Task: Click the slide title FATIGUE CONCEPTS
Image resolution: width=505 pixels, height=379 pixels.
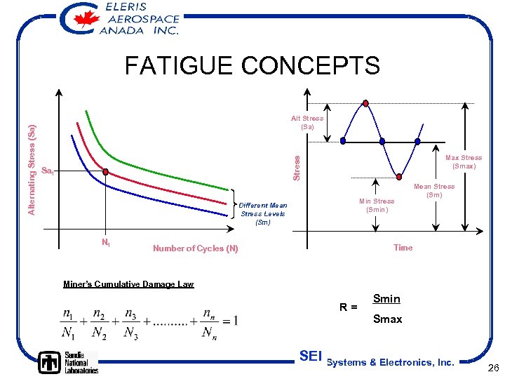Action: tap(252, 65)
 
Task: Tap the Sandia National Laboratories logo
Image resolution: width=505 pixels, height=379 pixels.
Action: tap(68, 361)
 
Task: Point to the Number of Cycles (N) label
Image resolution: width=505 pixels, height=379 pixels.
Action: tap(195, 248)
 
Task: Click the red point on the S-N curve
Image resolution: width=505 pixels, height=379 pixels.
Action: tap(105, 172)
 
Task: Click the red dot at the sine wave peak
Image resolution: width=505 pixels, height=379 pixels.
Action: tap(365, 103)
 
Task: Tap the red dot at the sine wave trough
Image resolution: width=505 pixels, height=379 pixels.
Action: tap(399, 177)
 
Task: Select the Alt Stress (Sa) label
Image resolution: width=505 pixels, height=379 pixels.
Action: tap(307, 123)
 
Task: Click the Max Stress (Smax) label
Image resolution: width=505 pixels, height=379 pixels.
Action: tap(464, 162)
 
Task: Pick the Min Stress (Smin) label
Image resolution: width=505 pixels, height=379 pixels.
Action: tap(377, 205)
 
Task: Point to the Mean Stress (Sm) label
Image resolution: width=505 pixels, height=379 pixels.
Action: tap(434, 190)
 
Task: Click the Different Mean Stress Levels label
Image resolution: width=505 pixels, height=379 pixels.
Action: tap(263, 213)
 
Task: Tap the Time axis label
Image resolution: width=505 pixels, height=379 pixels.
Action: tap(403, 247)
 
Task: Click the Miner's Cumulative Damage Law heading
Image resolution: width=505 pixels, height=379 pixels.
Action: tap(128, 284)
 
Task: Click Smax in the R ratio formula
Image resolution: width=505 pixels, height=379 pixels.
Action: tap(387, 319)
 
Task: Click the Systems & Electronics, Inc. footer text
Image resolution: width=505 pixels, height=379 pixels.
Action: tap(391, 362)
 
